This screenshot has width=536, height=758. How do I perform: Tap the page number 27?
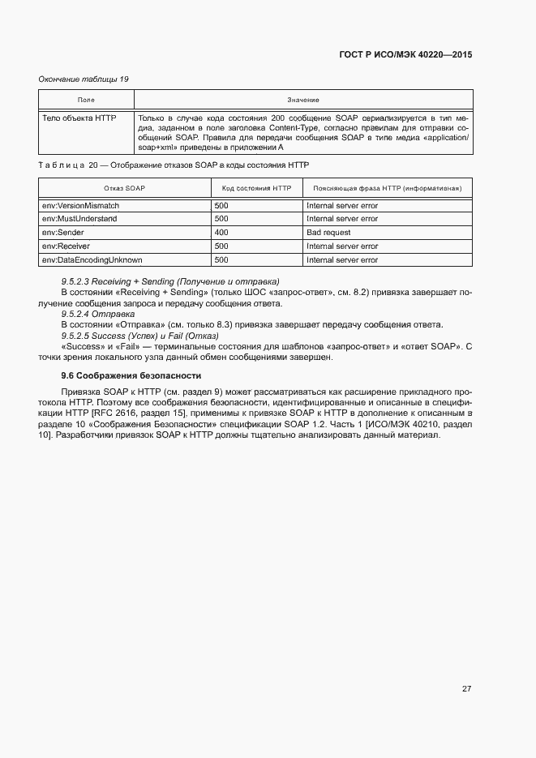466,689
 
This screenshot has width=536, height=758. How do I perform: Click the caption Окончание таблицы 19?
84,79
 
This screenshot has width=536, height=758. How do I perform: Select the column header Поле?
86,100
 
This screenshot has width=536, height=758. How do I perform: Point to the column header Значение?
302,100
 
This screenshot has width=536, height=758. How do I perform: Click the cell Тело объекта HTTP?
79,118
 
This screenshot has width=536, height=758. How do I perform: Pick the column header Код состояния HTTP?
255,188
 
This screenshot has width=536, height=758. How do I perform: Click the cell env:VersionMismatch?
80,206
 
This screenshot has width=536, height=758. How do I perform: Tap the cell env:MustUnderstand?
79,219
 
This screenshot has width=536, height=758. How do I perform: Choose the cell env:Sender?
63,233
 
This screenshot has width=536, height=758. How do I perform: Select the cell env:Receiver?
66,246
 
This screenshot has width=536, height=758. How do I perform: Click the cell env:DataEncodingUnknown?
92,259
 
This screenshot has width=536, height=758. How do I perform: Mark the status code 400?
221,233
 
